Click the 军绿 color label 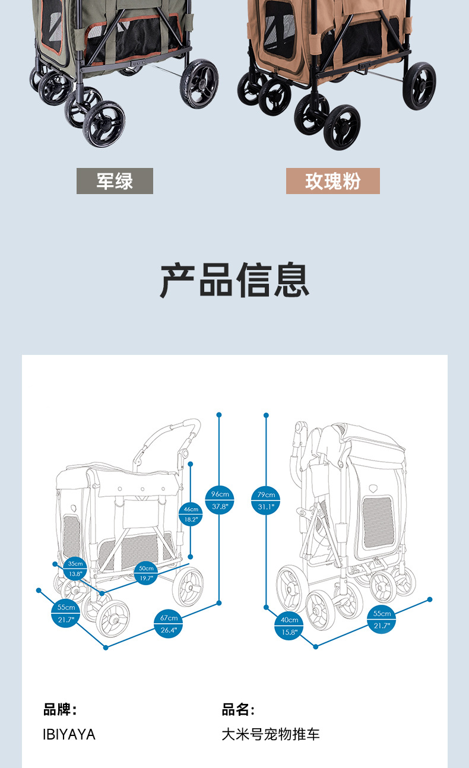(115, 181)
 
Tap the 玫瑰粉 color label (332, 181)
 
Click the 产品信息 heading (235, 280)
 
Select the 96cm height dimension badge (219, 500)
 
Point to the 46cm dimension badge (191, 513)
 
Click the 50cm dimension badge (146, 573)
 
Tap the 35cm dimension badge (75, 569)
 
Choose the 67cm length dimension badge (169, 624)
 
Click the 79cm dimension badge (267, 500)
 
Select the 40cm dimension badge (289, 626)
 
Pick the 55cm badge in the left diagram (66, 613)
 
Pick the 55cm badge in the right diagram (382, 620)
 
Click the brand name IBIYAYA (69, 735)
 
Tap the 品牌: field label (60, 709)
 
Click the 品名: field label (238, 709)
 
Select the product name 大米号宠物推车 (271, 735)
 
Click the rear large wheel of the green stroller (199, 84)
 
